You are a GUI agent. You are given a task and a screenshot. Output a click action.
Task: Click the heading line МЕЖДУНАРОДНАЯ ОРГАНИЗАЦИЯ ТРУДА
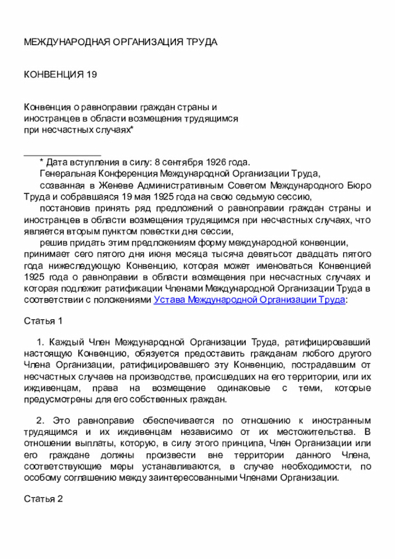pyautogui.click(x=120, y=42)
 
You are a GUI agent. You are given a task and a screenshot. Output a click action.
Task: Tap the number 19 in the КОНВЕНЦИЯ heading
pyautogui.click(x=91, y=75)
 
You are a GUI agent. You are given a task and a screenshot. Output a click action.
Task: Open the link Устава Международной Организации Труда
pyautogui.click(x=249, y=300)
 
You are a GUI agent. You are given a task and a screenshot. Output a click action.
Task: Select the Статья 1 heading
pyautogui.click(x=43, y=321)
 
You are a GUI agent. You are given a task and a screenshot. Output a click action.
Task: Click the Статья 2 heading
pyautogui.click(x=43, y=499)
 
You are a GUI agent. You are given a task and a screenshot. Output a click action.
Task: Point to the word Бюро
pyautogui.click(x=359, y=185)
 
